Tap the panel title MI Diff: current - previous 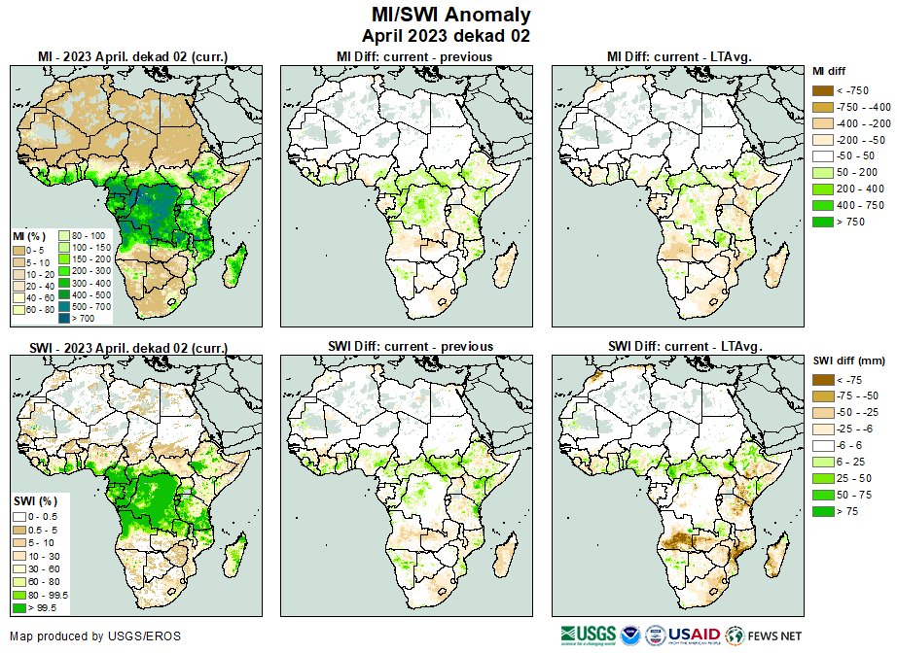click(x=413, y=56)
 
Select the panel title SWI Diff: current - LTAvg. click(x=684, y=346)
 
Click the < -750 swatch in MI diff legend click(x=823, y=90)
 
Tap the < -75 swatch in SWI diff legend click(x=823, y=380)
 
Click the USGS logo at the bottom click(x=589, y=635)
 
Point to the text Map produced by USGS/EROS click(x=95, y=636)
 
